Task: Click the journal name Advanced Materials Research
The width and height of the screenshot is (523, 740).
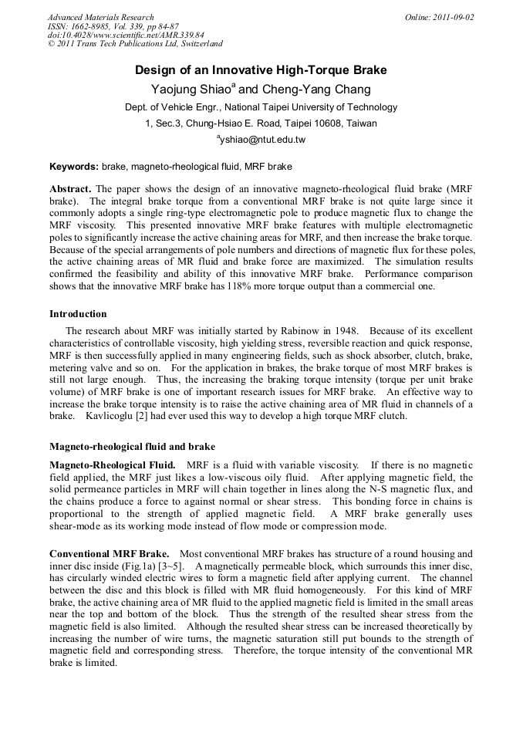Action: coord(100,17)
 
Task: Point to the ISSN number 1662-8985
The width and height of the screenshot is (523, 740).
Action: coord(92,26)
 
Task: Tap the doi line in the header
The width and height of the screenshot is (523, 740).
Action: coord(125,35)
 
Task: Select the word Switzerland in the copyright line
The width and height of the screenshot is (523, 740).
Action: coord(197,45)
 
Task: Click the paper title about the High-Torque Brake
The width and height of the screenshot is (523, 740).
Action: coord(261,71)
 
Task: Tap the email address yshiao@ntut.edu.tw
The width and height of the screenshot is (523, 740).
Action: coord(262,140)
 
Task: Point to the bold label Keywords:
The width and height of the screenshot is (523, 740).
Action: coord(74,167)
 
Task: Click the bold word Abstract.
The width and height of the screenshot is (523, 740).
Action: coord(70,189)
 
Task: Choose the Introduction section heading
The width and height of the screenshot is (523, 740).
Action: coord(78,314)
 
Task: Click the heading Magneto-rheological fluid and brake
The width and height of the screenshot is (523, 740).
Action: coord(132,447)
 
